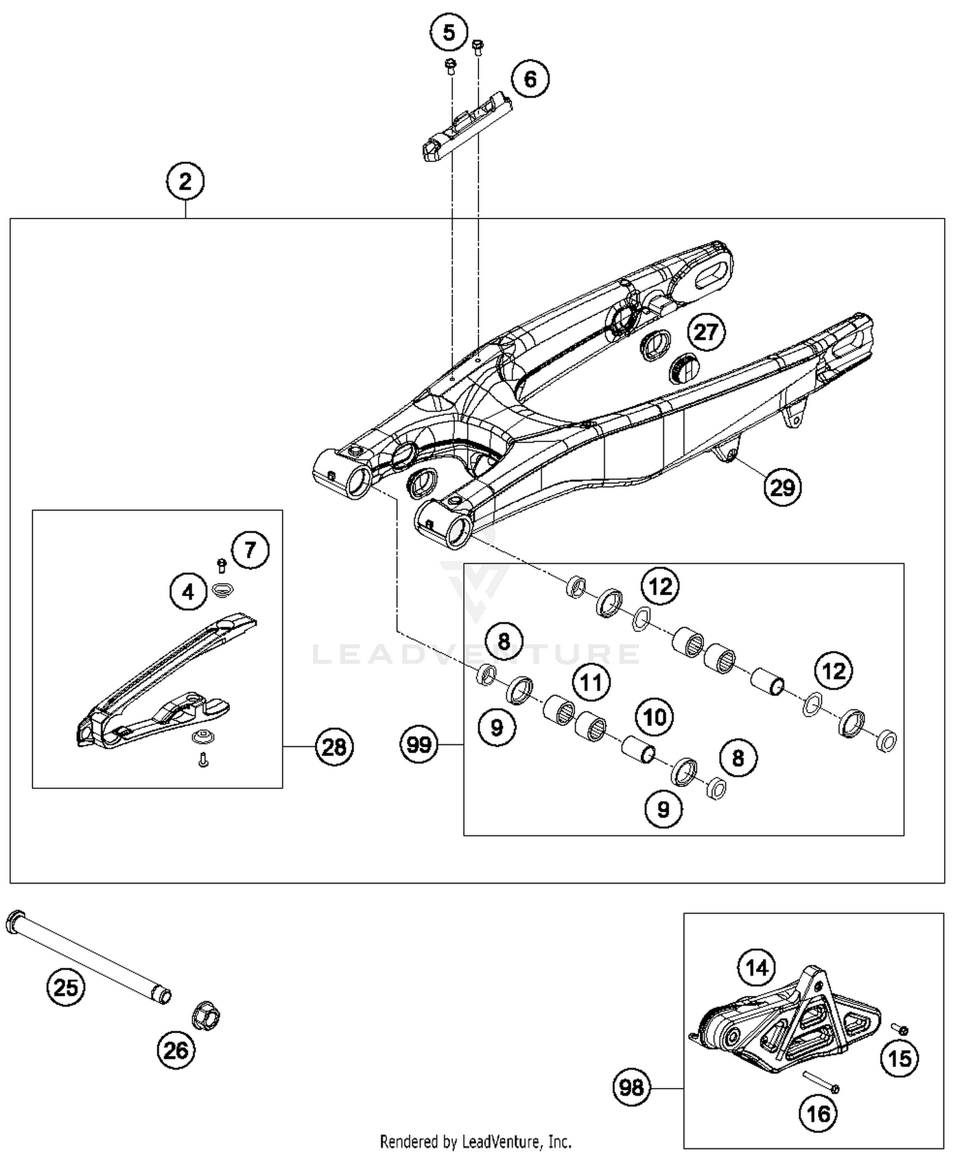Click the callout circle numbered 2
pos(185,182)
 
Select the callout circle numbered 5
pos(449,32)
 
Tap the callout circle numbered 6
pos(530,79)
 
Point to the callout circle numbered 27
pos(706,332)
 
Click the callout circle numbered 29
pos(782,487)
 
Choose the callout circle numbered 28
pos(334,747)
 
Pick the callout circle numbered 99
pos(419,744)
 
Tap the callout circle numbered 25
pos(66,988)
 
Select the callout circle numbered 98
pos(632,1088)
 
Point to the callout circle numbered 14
pos(757,968)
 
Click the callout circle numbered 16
pos(818,1113)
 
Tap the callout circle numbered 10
pos(655,718)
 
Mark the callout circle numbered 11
pos(591,683)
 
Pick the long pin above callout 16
pos(821,1080)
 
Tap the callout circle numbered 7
pos(250,549)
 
